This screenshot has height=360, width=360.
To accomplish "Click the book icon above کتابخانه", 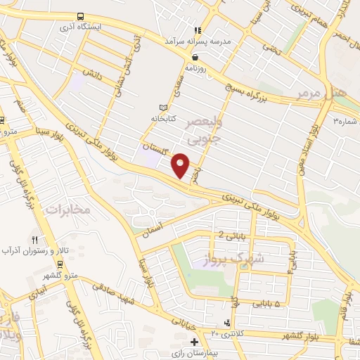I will pyautogui.click(x=164, y=107).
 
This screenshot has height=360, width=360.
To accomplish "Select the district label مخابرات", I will pyautogui.click(x=68, y=210).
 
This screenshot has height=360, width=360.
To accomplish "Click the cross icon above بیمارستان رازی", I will pyautogui.click(x=194, y=342).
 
